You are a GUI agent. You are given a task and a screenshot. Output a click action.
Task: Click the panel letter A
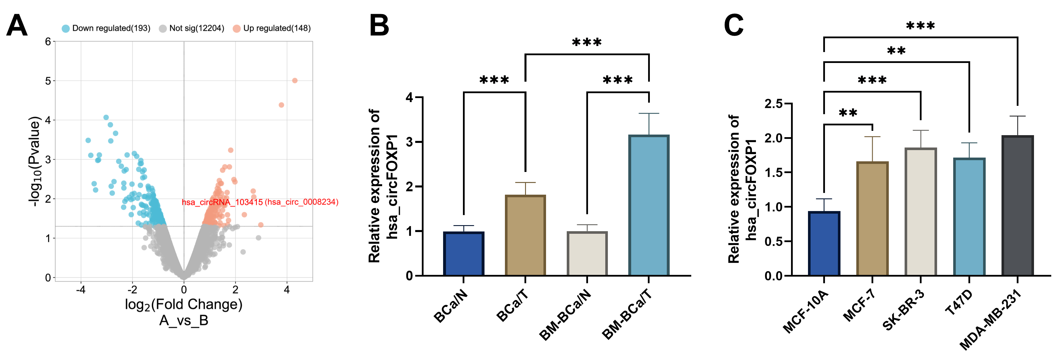(x=17, y=26)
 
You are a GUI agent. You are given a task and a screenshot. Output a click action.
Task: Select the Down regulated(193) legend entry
(x=106, y=28)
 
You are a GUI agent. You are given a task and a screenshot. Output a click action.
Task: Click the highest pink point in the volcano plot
(x=295, y=81)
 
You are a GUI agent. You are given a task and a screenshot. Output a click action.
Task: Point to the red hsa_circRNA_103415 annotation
(x=260, y=202)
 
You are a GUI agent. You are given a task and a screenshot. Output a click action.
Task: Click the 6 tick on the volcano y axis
(x=48, y=41)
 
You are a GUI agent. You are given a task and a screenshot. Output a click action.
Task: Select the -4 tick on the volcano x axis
(x=81, y=290)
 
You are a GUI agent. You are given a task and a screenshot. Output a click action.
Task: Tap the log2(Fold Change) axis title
(x=183, y=305)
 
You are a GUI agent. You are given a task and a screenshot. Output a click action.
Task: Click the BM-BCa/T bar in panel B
(x=649, y=205)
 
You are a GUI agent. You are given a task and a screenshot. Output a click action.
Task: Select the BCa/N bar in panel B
(x=464, y=254)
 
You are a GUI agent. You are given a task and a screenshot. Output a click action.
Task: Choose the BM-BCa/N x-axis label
(x=565, y=315)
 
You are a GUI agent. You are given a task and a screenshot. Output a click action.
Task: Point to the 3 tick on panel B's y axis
(x=409, y=142)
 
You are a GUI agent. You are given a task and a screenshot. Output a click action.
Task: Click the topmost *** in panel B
(x=587, y=43)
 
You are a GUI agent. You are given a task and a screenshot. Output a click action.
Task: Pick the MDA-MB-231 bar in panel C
(x=1017, y=205)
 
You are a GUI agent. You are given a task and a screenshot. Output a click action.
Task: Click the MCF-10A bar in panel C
(x=824, y=244)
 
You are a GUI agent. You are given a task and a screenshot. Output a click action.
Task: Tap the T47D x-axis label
(x=959, y=302)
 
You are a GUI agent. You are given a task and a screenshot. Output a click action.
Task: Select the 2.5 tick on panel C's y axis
(x=773, y=104)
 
